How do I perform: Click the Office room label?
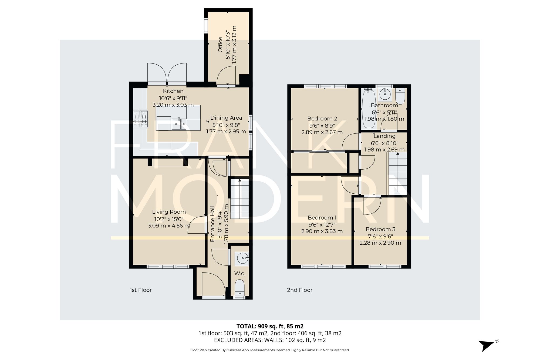tap(220, 45)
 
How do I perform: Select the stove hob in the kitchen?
tap(141, 119)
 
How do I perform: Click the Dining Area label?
tap(226, 118)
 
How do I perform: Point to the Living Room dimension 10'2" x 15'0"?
tap(169, 219)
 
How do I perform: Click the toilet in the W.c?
tap(239, 287)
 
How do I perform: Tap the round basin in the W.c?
tap(242, 258)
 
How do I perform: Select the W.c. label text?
tap(239, 273)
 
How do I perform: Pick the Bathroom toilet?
tap(400, 97)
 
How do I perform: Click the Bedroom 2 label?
tap(322, 119)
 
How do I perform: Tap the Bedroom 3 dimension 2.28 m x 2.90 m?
tap(380, 243)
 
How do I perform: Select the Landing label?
tap(384, 136)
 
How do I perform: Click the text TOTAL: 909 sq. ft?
tap(270, 326)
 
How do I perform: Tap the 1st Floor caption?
tap(141, 290)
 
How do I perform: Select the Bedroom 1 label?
tap(322, 218)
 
